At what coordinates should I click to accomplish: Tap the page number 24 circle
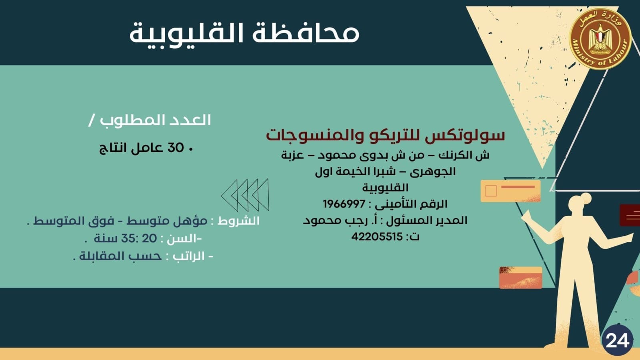617,340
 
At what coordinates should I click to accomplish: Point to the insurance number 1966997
344,204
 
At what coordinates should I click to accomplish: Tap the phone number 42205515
377,236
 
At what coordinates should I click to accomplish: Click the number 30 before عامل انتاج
175,148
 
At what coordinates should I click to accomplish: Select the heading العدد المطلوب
155,120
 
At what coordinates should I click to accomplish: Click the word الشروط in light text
238,221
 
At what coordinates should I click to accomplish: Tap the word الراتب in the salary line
188,256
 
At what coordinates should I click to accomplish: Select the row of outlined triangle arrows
245,195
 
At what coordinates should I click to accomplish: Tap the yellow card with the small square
510,191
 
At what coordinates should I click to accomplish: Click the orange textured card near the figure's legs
520,277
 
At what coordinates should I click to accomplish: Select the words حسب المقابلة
120,256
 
